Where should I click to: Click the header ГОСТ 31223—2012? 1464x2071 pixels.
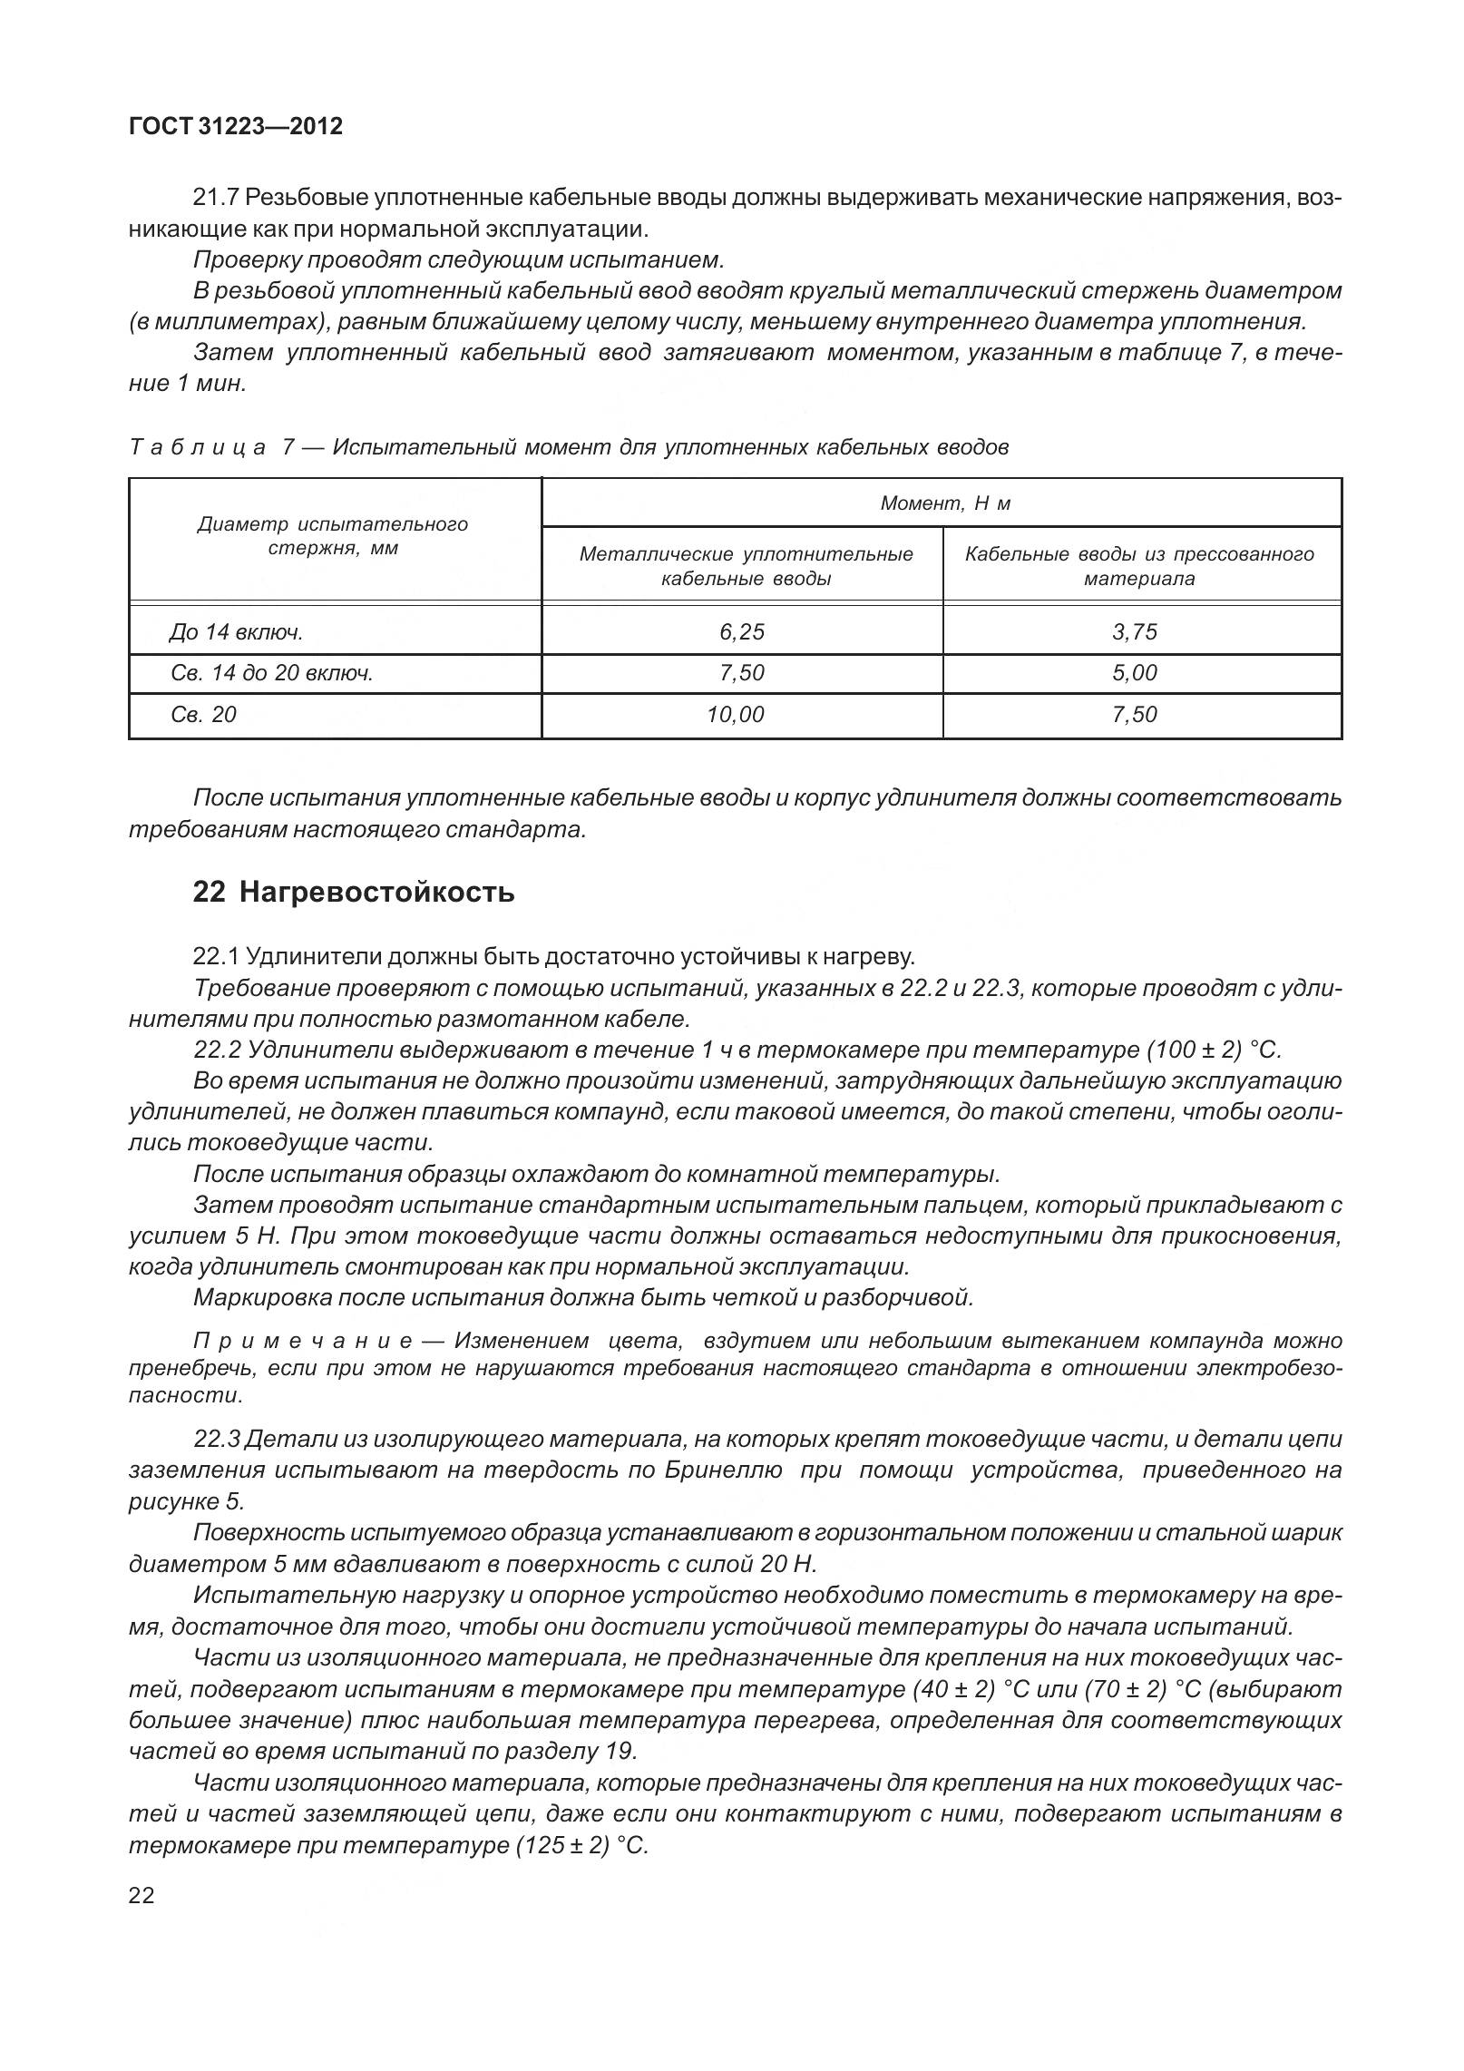(236, 126)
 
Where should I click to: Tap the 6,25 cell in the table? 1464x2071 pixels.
(741, 631)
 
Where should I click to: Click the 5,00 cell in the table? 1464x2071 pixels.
(1135, 673)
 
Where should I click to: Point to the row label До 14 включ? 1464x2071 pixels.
(236, 632)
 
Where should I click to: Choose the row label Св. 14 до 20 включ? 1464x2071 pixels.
(272, 673)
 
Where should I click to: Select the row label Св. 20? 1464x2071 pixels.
(203, 715)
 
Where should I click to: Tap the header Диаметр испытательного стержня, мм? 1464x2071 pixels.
(333, 536)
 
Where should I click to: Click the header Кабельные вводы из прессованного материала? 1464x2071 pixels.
(1139, 566)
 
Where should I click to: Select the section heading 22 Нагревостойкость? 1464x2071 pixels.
(354, 892)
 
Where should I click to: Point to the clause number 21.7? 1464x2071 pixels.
(216, 198)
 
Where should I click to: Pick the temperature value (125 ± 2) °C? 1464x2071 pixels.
(581, 1846)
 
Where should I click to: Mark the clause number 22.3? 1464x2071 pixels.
(216, 1440)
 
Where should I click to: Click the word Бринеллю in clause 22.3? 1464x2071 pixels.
(723, 1470)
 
